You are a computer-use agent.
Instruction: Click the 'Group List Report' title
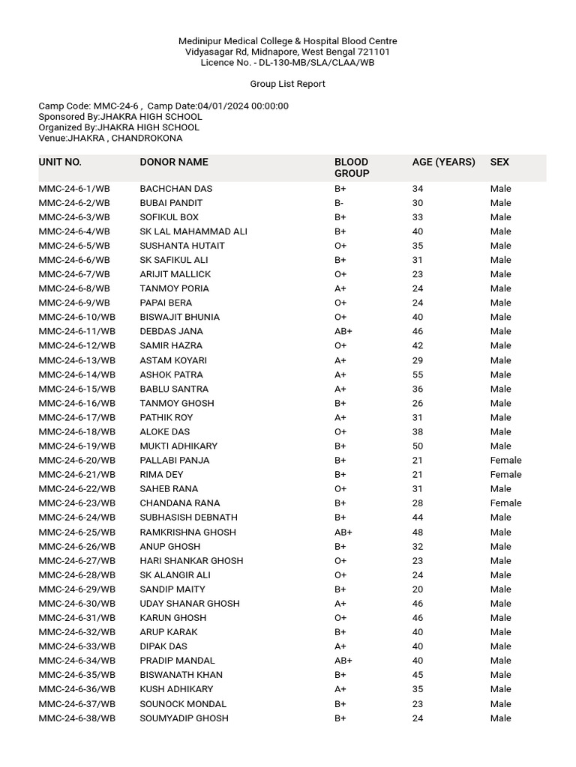point(287,84)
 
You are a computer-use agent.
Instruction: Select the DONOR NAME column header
point(174,162)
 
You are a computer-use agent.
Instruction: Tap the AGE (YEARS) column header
point(443,162)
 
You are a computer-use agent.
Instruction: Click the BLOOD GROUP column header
point(352,168)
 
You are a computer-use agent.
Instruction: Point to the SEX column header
point(499,162)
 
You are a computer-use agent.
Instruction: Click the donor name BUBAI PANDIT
point(171,203)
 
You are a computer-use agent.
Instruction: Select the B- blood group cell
point(340,203)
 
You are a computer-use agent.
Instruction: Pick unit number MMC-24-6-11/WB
point(77,331)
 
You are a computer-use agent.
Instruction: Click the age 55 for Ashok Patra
point(418,375)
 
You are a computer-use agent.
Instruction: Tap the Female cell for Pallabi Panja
point(505,461)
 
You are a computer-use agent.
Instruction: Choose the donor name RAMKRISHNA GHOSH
point(187,532)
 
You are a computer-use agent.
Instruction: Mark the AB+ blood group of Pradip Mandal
point(343,661)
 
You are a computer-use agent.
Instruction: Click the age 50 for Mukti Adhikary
point(418,446)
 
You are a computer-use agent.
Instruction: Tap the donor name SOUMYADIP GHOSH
point(184,718)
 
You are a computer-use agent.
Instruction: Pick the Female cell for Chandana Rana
point(505,503)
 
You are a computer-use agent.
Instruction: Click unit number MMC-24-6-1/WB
point(74,189)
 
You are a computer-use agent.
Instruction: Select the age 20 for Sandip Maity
point(418,589)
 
